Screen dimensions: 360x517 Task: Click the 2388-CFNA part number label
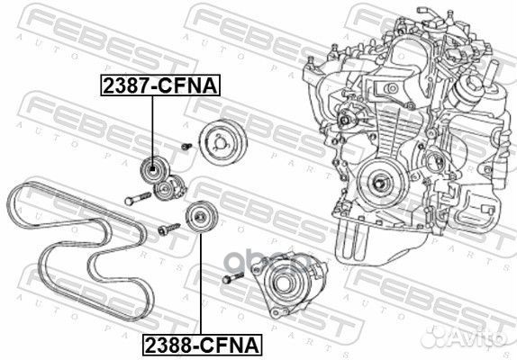tap(197, 343)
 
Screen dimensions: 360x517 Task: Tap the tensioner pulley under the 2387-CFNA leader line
tap(153, 169)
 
